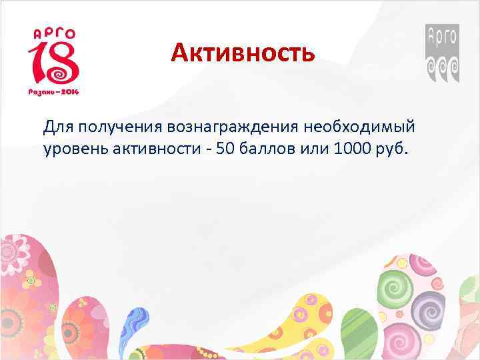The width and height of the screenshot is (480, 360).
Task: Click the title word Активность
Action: click(x=242, y=52)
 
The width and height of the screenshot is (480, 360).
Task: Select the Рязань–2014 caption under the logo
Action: click(x=53, y=91)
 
